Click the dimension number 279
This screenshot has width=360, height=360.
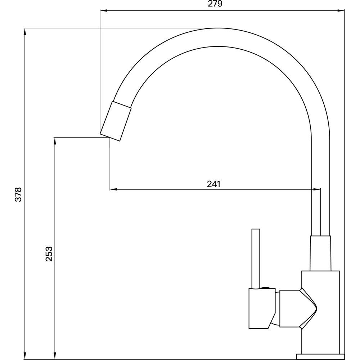pos(215,4)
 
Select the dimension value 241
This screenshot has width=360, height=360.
pos(213,184)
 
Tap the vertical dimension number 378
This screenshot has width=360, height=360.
pos(18,194)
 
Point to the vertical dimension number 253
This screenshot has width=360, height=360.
pos(49,254)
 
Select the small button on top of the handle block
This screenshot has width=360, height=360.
pos(266,287)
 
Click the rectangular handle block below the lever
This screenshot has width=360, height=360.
pos(262,309)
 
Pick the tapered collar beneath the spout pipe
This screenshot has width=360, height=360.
pos(320,253)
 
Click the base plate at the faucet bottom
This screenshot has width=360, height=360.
pos(320,356)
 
